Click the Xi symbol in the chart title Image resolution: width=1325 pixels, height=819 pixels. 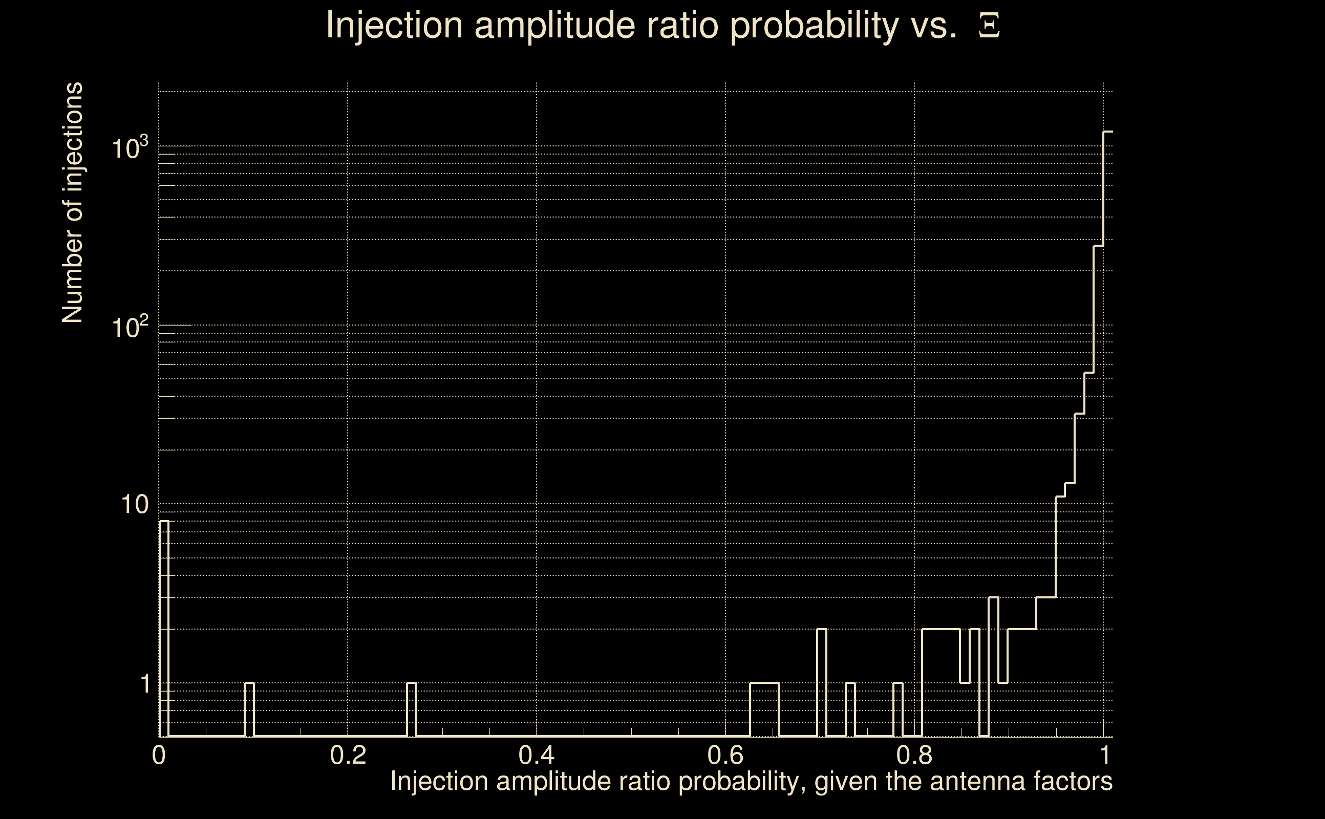[x=989, y=26]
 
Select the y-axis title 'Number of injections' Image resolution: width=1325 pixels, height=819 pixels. [x=73, y=203]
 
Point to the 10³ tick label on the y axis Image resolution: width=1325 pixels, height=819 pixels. [x=130, y=147]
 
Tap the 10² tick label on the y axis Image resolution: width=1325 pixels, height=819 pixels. [x=130, y=327]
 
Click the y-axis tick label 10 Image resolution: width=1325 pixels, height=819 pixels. [x=134, y=505]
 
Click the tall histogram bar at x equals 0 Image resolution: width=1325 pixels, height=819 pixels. [x=164, y=629]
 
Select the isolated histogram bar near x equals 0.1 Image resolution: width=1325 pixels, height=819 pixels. [x=249, y=709]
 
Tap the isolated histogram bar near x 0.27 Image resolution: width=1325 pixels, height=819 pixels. [x=412, y=709]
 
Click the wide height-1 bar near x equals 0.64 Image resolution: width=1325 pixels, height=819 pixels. [x=764, y=709]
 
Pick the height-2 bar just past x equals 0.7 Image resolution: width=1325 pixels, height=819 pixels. [x=822, y=682]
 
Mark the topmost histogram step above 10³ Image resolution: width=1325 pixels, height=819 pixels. [x=1108, y=132]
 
